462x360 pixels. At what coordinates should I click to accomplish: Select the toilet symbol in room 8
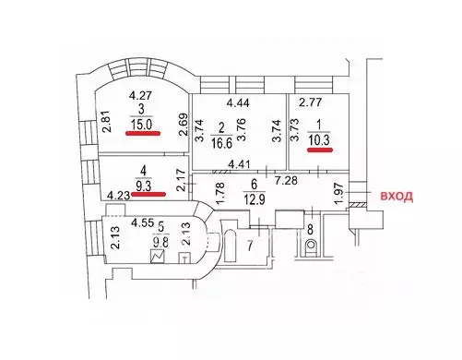[311, 246]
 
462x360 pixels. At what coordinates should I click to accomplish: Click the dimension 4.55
[141, 222]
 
